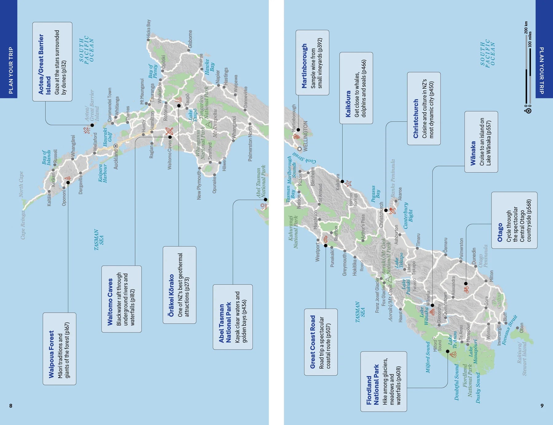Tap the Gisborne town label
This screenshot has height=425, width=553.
190,39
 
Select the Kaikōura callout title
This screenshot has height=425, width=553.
348,104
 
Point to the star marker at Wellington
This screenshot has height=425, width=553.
300,149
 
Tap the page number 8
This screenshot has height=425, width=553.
11,406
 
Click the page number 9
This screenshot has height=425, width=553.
542,406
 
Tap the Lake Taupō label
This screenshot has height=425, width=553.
192,115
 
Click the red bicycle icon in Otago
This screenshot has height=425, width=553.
466,289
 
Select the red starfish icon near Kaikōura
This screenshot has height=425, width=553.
348,184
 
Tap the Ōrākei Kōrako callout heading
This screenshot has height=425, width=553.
171,295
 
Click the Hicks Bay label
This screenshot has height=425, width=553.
149,29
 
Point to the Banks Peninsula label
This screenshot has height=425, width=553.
393,178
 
